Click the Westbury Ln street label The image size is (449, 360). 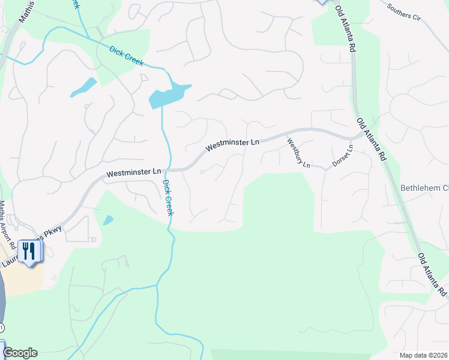[x=298, y=153]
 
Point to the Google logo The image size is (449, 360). [x=20, y=353]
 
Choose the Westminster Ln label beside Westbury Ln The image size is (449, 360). [x=232, y=145]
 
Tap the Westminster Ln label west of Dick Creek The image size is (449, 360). [x=134, y=173]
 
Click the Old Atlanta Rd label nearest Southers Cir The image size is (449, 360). [x=347, y=30]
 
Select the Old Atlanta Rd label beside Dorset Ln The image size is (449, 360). [x=371, y=140]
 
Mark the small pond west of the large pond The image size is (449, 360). [x=83, y=88]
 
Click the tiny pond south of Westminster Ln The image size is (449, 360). [x=108, y=220]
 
